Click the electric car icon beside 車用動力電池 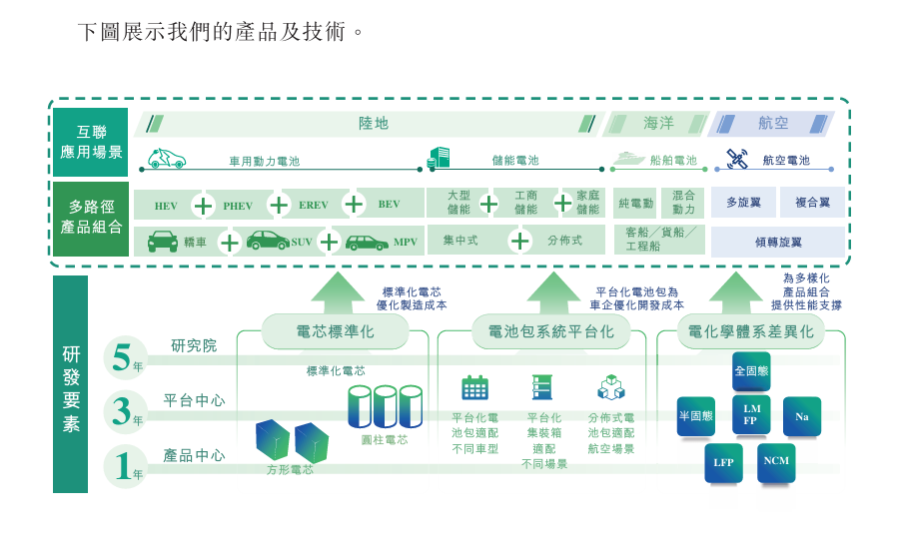pos(167,158)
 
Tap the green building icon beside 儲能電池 pos(439,158)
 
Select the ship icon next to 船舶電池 pos(629,158)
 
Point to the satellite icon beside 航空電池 pos(736,158)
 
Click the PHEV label pos(238,206)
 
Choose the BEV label pos(389,205)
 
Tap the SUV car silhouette pos(268,241)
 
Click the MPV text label pos(406,243)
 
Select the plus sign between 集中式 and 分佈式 pos(520,241)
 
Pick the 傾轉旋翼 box pos(778,243)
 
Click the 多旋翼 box pos(743,203)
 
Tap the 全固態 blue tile pos(751,371)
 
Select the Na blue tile pos(802,416)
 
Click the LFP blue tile pos(724,462)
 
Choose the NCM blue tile pos(776,461)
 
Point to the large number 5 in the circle pos(122,357)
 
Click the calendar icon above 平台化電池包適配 pos(475,387)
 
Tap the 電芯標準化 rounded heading pos(336,332)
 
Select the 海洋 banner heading pos(658,123)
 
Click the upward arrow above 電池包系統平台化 pos(553,292)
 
